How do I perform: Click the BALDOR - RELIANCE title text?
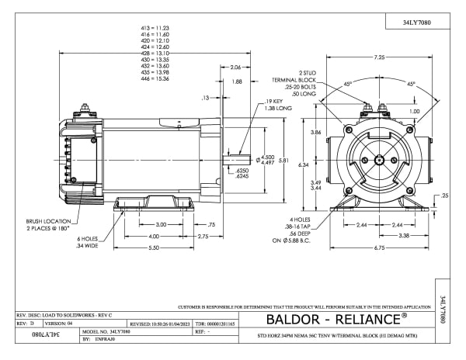[x=336, y=320]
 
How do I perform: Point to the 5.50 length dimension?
[x=155, y=247]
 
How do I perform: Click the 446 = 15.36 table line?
[x=152, y=79]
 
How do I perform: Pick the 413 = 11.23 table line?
[x=152, y=27]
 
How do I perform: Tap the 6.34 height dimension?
[x=304, y=164]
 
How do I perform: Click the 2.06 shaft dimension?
[x=235, y=67]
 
